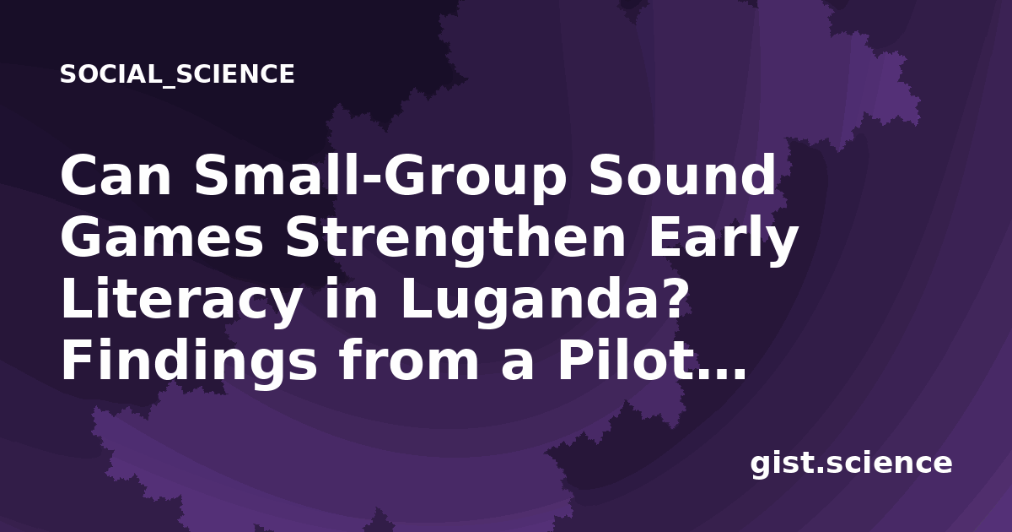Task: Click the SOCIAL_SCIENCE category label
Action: click(177, 74)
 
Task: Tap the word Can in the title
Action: click(116, 176)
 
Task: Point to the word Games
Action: click(162, 237)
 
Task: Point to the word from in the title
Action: click(409, 360)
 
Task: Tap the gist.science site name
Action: click(851, 464)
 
